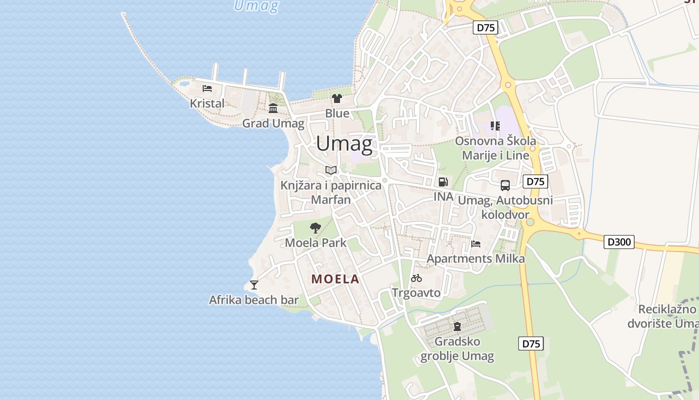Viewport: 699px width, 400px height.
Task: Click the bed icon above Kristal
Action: (207, 88)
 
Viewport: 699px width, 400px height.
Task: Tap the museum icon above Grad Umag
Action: (273, 108)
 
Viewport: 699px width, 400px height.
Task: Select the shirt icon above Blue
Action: (337, 98)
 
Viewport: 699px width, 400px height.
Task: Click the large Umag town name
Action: (344, 144)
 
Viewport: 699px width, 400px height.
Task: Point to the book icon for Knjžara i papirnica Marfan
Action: (331, 170)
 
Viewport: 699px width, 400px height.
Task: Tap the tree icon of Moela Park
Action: (315, 228)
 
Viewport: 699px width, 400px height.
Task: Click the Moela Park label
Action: (316, 243)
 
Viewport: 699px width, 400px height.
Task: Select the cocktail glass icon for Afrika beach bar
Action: (254, 285)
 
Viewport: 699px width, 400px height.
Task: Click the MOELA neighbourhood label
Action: (336, 279)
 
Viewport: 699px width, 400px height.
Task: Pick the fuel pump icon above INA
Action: (443, 182)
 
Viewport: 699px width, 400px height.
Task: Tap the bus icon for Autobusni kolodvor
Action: (505, 185)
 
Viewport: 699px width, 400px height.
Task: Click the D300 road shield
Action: (619, 242)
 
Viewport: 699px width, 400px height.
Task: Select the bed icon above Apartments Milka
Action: (476, 244)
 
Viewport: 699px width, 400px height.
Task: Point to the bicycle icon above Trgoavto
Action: (416, 278)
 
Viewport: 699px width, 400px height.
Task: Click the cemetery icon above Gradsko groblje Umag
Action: (457, 326)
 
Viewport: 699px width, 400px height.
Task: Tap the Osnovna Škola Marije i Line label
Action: (495, 148)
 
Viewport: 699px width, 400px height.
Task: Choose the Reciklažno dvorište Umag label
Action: (668, 316)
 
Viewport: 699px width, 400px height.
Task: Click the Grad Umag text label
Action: (273, 123)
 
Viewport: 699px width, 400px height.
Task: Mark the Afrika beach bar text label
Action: (254, 300)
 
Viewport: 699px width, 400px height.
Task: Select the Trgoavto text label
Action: (416, 292)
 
